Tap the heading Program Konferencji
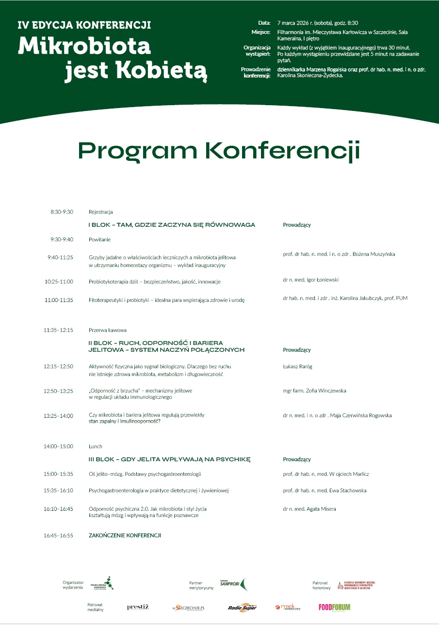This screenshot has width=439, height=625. click(219, 150)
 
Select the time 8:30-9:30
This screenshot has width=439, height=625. click(62, 212)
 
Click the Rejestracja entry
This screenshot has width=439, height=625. click(100, 212)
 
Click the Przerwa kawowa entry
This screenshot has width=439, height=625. click(108, 330)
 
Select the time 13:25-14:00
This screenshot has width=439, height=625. click(58, 415)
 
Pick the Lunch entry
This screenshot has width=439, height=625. click(96, 446)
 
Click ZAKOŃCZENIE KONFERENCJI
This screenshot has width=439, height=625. click(125, 535)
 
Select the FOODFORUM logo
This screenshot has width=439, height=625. click(334, 607)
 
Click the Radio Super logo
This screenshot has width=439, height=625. click(242, 608)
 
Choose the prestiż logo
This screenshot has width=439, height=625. click(138, 607)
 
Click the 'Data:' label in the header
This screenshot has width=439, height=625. click(264, 23)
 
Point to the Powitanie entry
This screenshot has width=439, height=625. click(100, 239)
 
